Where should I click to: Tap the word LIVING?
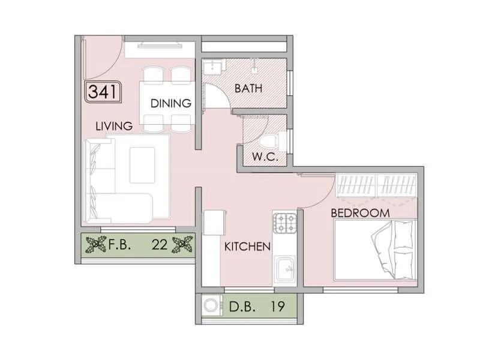(114, 126)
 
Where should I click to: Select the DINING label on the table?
(170, 103)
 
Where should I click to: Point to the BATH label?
(248, 89)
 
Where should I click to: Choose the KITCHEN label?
(247, 247)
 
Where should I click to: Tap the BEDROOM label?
(360, 213)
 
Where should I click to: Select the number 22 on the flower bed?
(159, 245)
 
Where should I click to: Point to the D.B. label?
(244, 307)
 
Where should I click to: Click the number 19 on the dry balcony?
(277, 307)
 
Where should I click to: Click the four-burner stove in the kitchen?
(285, 223)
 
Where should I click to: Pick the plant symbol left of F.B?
(94, 245)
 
